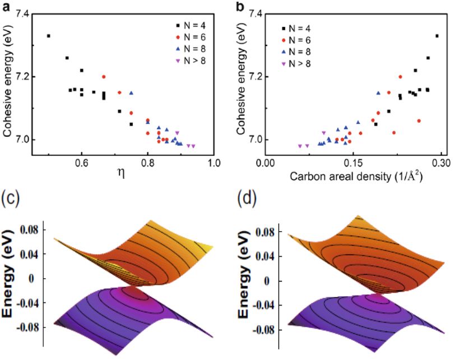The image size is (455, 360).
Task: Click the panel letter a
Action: point(6,6)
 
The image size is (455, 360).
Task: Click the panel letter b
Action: point(225,6)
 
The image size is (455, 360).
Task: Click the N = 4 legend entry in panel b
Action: point(298,27)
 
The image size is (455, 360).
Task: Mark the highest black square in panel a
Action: point(49,36)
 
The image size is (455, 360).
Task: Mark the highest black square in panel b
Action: point(437,36)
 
